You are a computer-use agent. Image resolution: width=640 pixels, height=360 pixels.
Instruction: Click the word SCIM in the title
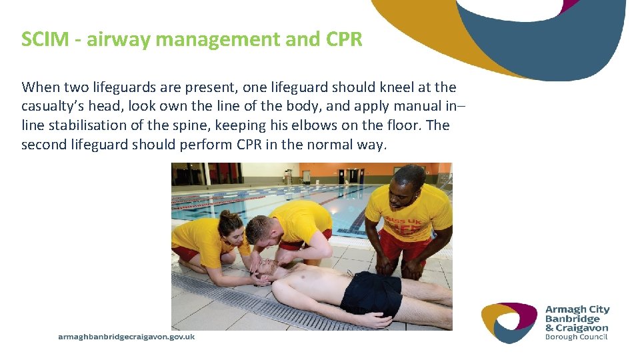(43, 39)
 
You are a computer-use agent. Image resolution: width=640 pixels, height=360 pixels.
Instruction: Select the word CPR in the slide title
(345, 39)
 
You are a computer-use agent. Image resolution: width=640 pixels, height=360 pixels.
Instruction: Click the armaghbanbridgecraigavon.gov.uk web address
(127, 337)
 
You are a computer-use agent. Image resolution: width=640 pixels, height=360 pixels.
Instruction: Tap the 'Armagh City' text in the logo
(577, 309)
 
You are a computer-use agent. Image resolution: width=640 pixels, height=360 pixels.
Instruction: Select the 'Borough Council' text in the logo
(577, 337)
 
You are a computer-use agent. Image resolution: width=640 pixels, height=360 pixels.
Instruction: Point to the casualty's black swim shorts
(371, 293)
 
